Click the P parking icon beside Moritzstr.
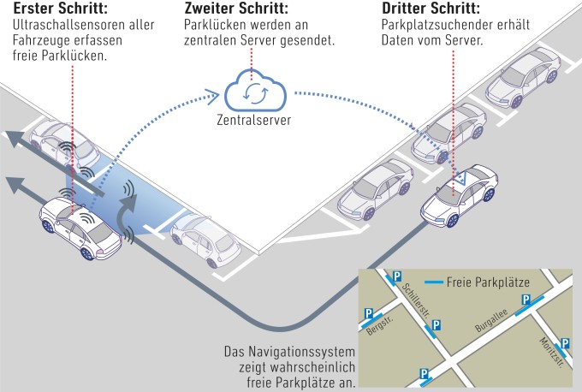(564, 343)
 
